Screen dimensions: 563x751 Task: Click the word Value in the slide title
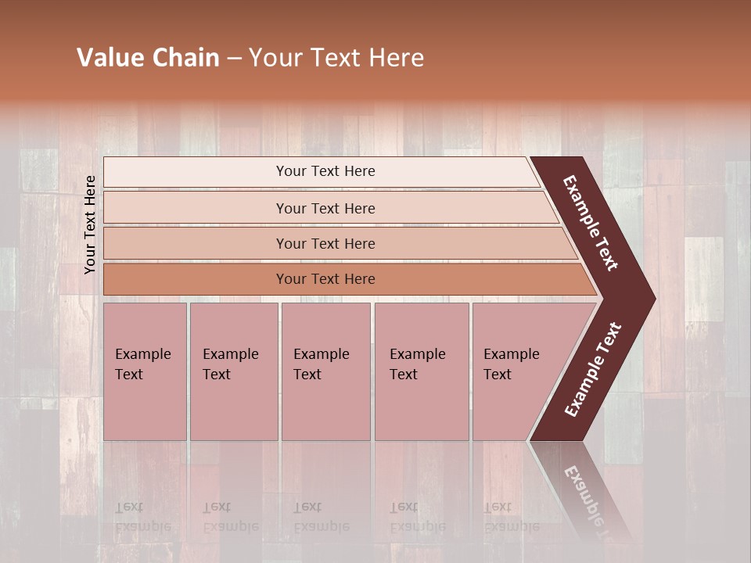[x=110, y=58]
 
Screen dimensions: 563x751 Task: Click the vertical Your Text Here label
[x=90, y=224]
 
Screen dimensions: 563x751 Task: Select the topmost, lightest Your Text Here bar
[x=325, y=171]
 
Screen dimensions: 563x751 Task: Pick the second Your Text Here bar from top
[x=325, y=208]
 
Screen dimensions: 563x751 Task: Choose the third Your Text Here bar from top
[x=325, y=243]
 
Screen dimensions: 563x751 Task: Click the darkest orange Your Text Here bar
[x=325, y=279]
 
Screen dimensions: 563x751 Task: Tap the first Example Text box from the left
[x=145, y=371]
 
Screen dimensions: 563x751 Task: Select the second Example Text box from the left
[x=233, y=371]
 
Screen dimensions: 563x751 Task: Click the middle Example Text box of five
[x=325, y=371]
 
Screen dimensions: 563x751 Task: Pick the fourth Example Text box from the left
[x=421, y=371]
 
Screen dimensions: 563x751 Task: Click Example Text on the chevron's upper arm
[x=591, y=223]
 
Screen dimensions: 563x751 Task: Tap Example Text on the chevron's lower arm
[x=593, y=369]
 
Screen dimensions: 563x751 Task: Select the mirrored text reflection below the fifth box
[x=511, y=517]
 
